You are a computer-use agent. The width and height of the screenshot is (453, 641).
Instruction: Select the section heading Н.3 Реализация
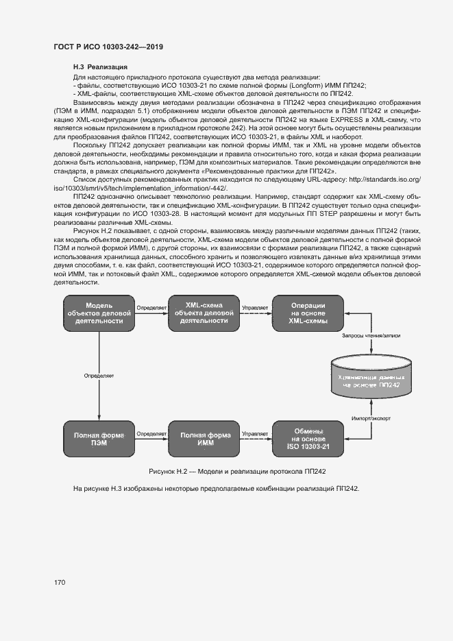point(99,67)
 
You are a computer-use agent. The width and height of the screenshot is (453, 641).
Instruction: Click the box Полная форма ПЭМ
point(99,439)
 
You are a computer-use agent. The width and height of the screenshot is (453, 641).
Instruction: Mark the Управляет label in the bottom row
point(254,433)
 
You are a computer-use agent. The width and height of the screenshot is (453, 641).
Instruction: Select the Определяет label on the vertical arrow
point(99,376)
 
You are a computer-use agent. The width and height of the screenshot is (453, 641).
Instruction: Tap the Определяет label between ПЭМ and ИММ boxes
point(151,433)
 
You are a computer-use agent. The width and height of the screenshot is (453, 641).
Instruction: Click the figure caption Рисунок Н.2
point(226,472)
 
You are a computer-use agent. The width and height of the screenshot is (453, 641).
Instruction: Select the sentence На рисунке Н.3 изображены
point(216,488)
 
